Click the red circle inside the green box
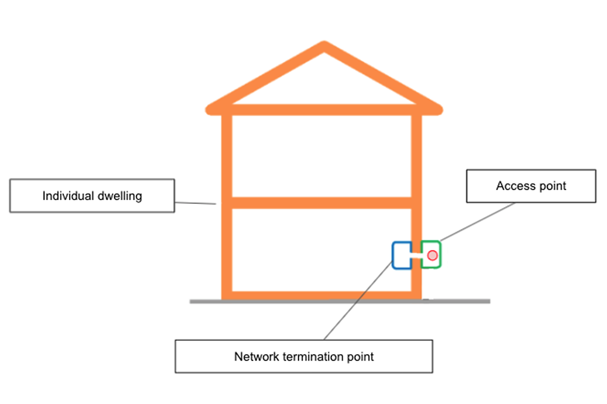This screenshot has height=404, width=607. pyautogui.click(x=432, y=256)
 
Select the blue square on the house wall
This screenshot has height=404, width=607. pyautogui.click(x=402, y=255)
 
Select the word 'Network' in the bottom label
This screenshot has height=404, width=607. pyautogui.click(x=256, y=357)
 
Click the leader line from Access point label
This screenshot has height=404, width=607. pyautogui.click(x=481, y=221)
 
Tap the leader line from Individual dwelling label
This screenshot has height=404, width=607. pyautogui.click(x=196, y=203)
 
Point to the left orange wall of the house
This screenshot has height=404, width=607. pyautogui.click(x=227, y=252)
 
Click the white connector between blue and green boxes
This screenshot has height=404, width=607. pyautogui.click(x=416, y=256)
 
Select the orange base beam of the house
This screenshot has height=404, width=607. pyautogui.click(x=322, y=295)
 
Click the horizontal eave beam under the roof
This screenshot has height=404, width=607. pyautogui.click(x=322, y=110)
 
